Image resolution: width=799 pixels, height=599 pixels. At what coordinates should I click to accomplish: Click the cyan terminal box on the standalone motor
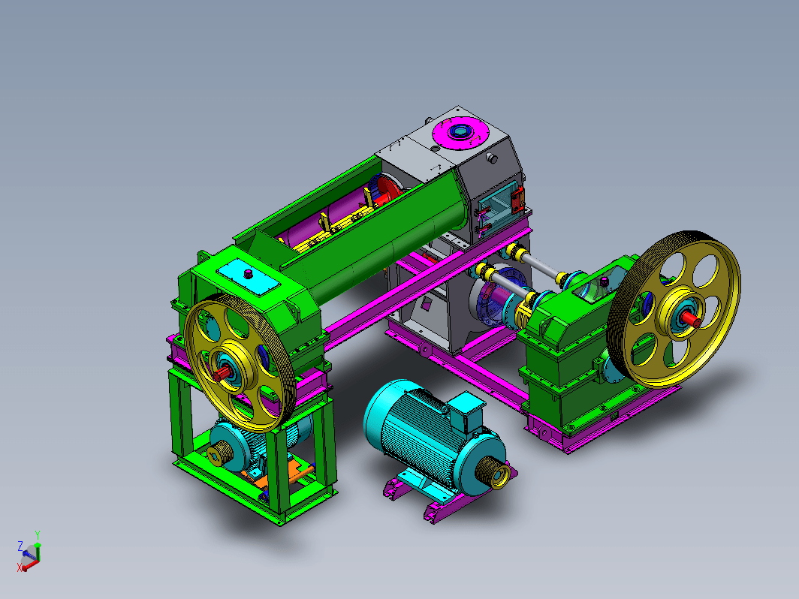[x=466, y=410]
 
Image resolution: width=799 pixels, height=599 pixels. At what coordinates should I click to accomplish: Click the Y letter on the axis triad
[x=38, y=534]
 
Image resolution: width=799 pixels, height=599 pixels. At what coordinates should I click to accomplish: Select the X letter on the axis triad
[x=20, y=567]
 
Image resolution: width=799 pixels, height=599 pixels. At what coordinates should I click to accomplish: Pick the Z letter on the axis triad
[x=20, y=546]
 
